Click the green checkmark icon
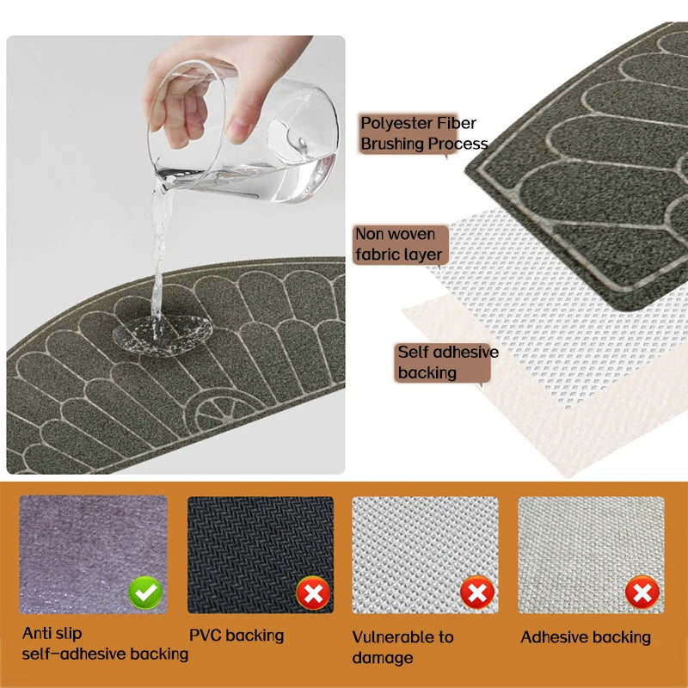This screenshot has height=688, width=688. pos(145,593)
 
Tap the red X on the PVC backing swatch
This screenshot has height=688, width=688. pos(313,593)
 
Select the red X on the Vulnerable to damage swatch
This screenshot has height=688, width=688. pos(477,593)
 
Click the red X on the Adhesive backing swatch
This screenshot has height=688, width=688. pos(642,593)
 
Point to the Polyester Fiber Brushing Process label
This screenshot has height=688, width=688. pos(424,133)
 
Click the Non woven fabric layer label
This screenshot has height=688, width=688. pos(400,244)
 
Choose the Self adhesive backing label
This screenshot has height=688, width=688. pos(447,362)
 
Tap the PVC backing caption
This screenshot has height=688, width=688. pos(236,636)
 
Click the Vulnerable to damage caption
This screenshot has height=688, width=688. pos(402,648)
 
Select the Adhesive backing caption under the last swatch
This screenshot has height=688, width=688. pos(586,637)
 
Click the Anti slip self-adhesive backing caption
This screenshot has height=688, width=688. pos(105,643)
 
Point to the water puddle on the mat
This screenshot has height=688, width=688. pos(163,335)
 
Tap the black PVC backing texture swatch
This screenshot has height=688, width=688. pos(261,555)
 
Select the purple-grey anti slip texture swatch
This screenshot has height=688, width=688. pos(93,554)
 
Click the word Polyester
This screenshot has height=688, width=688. pos(392,123)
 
